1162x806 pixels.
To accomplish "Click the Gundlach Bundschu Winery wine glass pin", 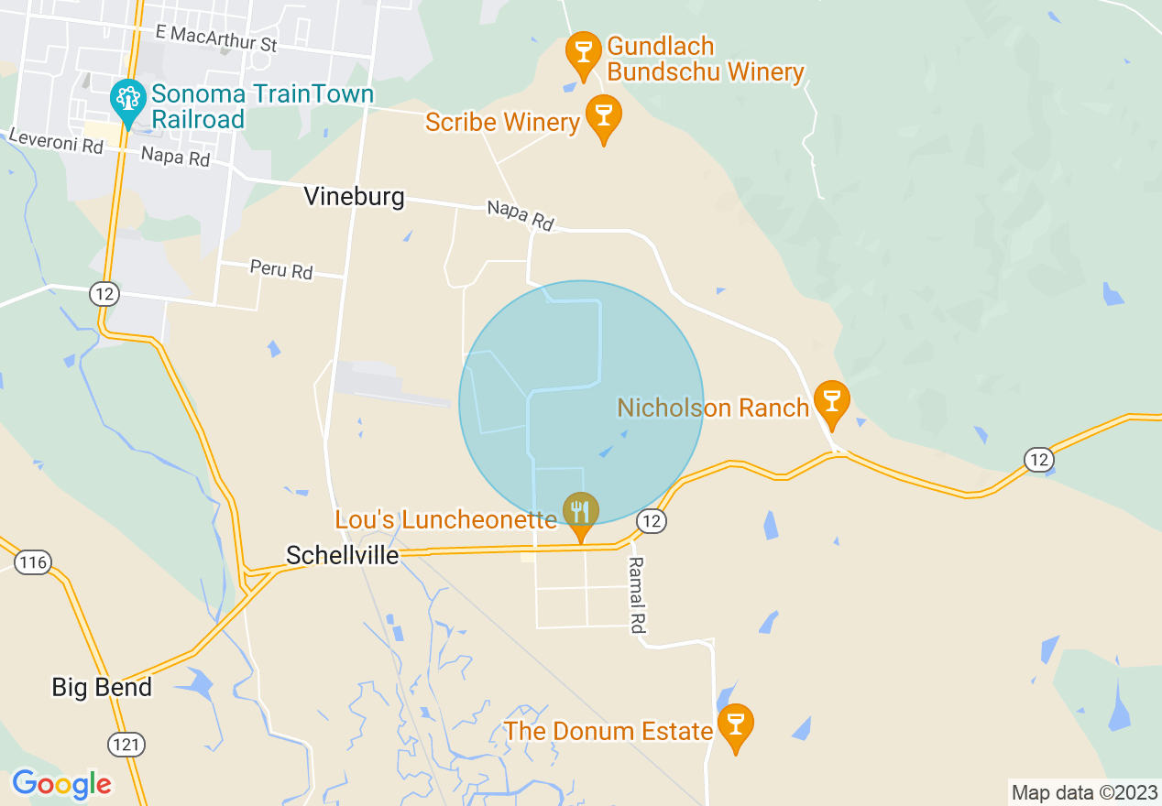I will pos(583,54).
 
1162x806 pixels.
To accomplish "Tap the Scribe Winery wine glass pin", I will pos(603,116).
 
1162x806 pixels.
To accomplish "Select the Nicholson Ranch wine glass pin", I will pos(831,403).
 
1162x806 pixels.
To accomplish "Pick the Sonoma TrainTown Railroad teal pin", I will pos(127,101).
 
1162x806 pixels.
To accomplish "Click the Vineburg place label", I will pos(354,197).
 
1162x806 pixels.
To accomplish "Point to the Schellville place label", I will pos(343,555).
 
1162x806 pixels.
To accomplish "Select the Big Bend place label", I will pos(102,687).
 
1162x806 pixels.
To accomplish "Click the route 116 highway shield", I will pos(33,561).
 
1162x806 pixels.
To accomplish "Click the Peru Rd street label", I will pos(281,270).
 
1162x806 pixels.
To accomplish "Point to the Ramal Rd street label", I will pos(637,595).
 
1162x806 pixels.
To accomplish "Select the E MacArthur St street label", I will pos(216,38).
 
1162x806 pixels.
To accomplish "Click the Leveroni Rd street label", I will pos(55,142).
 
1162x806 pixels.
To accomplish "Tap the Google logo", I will pos(61,784).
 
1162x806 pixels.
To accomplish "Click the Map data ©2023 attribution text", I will pos(1084,791).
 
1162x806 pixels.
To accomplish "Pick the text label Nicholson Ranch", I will pos(713,408).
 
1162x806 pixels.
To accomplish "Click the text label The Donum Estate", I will pos(608,731).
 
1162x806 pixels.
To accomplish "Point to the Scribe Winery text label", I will pos(503,122).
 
